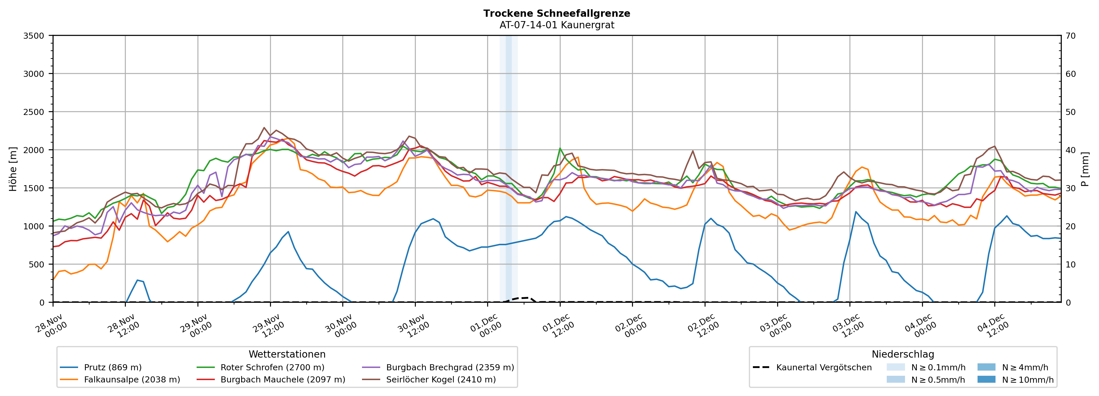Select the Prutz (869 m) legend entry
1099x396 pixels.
(113, 367)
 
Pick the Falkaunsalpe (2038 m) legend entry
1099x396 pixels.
(132, 379)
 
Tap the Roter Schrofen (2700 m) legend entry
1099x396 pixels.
(272, 367)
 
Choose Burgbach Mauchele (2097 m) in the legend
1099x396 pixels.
(282, 379)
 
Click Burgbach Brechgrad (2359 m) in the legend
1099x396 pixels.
(450, 367)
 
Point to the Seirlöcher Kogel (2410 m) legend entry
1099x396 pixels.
(441, 379)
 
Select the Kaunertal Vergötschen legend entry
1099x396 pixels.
(824, 367)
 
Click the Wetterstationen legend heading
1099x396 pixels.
(287, 354)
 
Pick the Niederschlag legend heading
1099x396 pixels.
(903, 354)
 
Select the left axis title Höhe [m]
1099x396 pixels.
(13, 169)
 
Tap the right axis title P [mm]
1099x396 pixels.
(1085, 169)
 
